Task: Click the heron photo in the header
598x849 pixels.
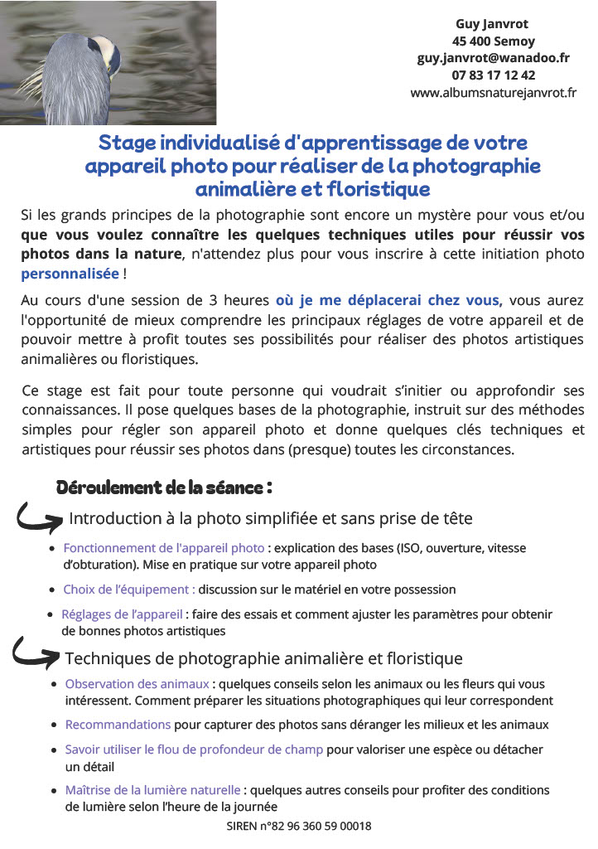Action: (x=108, y=63)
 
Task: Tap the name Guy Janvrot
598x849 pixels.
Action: (x=492, y=24)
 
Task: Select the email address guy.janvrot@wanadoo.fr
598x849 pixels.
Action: (x=493, y=58)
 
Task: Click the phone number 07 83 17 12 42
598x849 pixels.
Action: (x=494, y=75)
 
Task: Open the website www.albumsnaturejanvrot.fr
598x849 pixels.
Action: (x=493, y=93)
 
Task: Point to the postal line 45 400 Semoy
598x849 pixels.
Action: (x=493, y=41)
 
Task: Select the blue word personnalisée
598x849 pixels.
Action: (x=70, y=273)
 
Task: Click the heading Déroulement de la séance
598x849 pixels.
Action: (x=164, y=487)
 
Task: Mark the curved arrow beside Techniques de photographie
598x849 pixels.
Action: (x=36, y=655)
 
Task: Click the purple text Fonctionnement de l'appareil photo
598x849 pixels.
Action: (x=164, y=548)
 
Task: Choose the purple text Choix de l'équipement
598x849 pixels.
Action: (x=129, y=589)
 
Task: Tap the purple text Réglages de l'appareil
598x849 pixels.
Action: (x=122, y=614)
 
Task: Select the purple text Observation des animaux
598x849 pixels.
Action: (x=137, y=684)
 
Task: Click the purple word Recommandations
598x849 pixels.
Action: (x=118, y=725)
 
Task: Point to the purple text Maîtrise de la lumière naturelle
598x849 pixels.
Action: (x=153, y=790)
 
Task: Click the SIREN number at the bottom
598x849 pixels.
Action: (x=299, y=826)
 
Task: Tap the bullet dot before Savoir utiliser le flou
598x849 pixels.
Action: (x=54, y=750)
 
